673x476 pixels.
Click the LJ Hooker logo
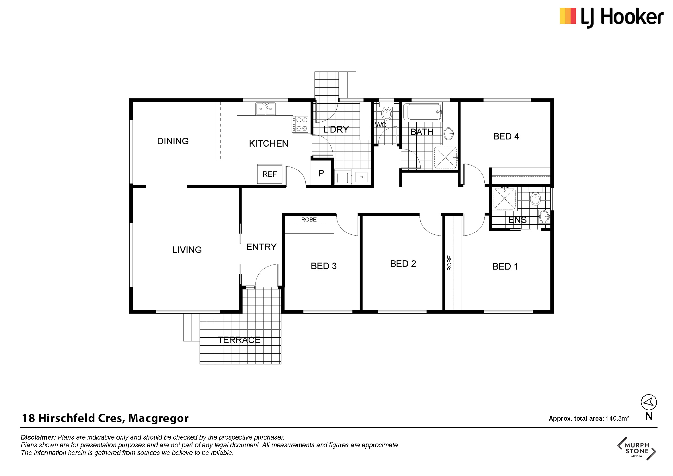(612, 17)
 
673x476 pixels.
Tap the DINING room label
(173, 141)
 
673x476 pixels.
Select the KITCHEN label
(268, 143)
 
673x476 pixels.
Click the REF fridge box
(269, 174)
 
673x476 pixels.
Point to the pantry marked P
(321, 173)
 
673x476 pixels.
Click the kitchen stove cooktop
(300, 124)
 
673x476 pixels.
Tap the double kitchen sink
(265, 108)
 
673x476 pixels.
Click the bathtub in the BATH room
(422, 112)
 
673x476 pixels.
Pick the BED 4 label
(506, 136)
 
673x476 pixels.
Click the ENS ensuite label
(517, 220)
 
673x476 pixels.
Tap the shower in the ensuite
(504, 199)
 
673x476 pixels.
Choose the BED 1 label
(505, 267)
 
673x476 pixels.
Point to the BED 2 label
(403, 264)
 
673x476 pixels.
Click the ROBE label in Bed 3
(309, 219)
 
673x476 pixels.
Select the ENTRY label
(262, 247)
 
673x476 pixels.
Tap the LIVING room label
(187, 250)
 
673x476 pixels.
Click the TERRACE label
(239, 340)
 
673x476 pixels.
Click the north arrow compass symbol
(649, 402)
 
